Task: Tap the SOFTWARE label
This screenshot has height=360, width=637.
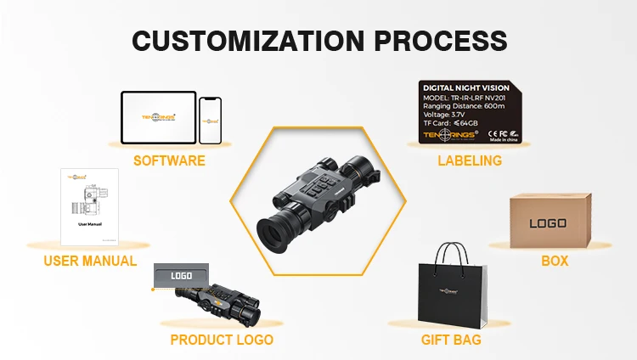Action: [169, 160]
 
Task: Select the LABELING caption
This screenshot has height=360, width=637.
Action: [470, 160]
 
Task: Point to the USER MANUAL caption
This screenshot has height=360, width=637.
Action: [90, 261]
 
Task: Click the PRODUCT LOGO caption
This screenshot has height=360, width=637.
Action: [222, 340]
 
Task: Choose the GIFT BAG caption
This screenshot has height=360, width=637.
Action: [451, 340]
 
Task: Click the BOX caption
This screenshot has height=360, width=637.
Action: [555, 261]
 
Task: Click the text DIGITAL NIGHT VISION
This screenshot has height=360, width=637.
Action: [465, 87]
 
